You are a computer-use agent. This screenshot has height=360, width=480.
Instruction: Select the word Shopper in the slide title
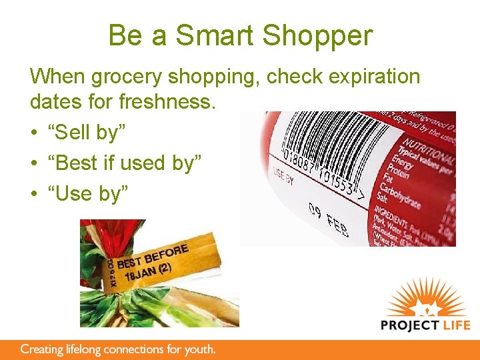click(320, 36)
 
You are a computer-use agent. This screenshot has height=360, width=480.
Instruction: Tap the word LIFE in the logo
click(455, 325)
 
